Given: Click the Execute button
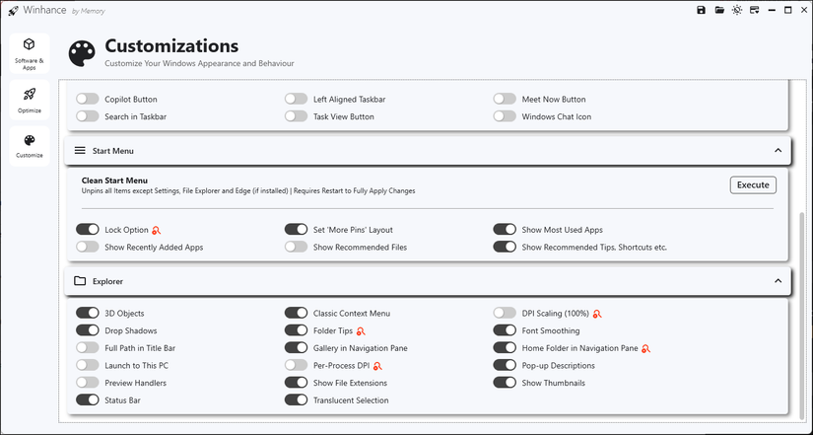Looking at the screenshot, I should click(753, 184).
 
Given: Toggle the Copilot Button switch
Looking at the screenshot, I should click(88, 99).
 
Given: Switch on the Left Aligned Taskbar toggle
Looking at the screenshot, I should click(297, 99).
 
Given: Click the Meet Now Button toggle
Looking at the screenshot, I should click(506, 99).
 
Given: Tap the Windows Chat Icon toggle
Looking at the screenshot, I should click(506, 116).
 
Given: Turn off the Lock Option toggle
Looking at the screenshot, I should click(88, 230).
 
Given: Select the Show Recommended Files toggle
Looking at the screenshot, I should click(297, 247).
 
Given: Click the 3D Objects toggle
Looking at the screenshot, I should click(88, 313).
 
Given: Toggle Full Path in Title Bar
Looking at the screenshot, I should click(88, 348).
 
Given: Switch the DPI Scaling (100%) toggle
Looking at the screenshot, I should click(506, 313).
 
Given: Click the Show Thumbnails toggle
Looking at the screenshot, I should click(506, 383).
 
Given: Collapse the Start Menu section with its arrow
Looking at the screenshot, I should click(778, 151).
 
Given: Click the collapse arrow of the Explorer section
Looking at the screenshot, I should click(778, 281).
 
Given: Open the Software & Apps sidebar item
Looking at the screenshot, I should click(29, 51).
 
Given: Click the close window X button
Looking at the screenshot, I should click(803, 10).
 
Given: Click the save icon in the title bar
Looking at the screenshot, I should click(701, 10).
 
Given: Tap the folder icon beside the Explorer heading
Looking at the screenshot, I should click(81, 281).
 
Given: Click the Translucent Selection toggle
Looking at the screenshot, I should click(297, 400).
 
